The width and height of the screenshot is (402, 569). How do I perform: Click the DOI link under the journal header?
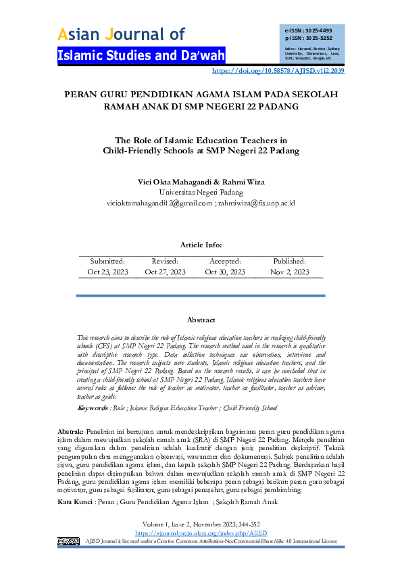pyautogui.click(x=278, y=70)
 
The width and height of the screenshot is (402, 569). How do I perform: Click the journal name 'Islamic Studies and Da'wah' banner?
pyautogui.click(x=141, y=55)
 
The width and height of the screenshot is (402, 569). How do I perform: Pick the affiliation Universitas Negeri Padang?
pyautogui.click(x=201, y=192)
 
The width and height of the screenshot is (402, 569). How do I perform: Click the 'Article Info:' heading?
pyautogui.click(x=201, y=245)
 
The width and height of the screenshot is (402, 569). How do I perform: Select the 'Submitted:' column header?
pyautogui.click(x=107, y=261)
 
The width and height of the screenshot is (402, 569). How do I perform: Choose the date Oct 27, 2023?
pyautogui.click(x=165, y=272)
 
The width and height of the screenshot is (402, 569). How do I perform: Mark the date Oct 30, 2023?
pyautogui.click(x=225, y=272)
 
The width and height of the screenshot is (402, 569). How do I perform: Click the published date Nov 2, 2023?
pyautogui.click(x=289, y=272)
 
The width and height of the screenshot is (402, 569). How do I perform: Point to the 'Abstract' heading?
pyautogui.click(x=201, y=319)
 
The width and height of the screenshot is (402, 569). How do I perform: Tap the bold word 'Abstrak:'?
pyautogui.click(x=70, y=431)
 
